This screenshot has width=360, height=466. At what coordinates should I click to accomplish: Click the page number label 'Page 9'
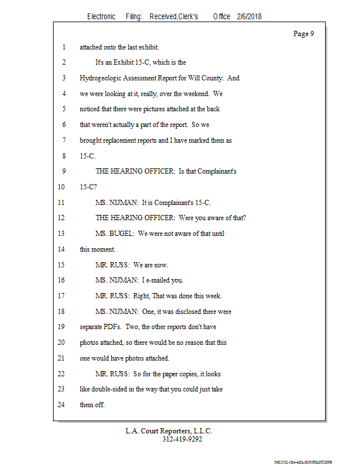(x=303, y=34)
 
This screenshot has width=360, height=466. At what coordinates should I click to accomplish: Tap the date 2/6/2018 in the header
(x=249, y=17)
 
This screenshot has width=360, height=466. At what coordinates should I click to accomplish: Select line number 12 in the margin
(x=62, y=218)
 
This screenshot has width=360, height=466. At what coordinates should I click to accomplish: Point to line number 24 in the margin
(x=62, y=405)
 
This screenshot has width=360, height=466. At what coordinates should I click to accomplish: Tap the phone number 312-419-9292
(x=182, y=439)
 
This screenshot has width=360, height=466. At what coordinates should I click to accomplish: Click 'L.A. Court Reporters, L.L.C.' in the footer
(x=169, y=431)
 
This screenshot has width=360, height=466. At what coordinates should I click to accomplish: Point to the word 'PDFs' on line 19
(x=111, y=327)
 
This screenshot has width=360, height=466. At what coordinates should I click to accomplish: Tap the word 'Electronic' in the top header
(x=101, y=17)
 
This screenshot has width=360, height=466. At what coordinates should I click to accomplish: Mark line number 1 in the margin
(x=62, y=47)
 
